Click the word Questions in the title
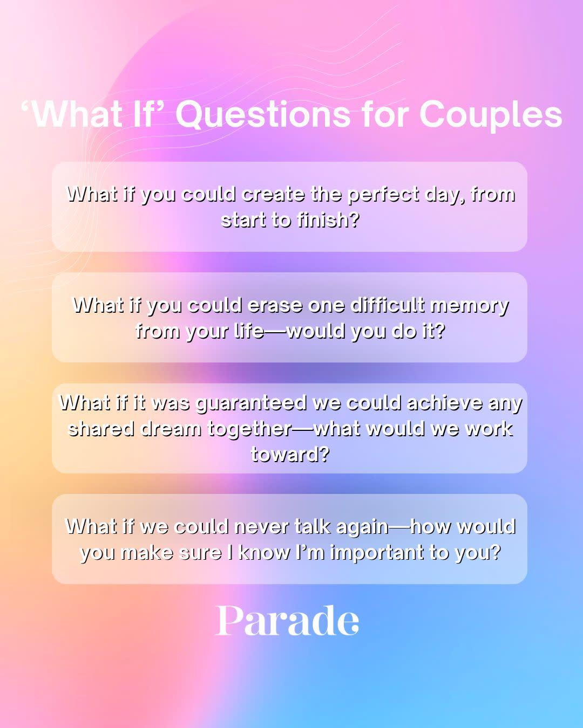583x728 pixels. tap(263, 115)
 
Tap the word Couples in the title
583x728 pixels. tap(491, 115)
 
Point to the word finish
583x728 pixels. tap(328, 220)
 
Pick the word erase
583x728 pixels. tap(275, 306)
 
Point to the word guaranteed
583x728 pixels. tap(252, 404)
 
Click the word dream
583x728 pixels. tap(171, 429)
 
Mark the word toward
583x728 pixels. tap(290, 454)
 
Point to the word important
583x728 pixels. tap(377, 553)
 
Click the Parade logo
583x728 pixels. tap(287, 621)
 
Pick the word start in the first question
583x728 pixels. tap(243, 220)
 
